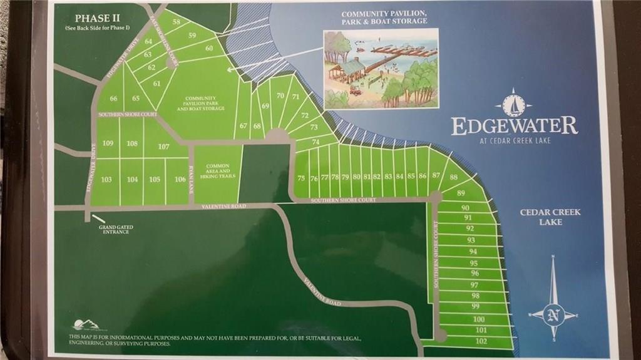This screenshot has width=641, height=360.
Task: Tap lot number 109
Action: click(108, 143)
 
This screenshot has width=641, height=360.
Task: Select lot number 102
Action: click(481, 341)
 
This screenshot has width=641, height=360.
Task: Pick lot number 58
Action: click(177, 22)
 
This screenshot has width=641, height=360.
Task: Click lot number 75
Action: click(301, 178)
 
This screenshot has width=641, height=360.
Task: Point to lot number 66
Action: click(113, 98)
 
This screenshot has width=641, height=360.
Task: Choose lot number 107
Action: click(164, 147)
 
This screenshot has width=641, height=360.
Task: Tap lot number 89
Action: click(461, 193)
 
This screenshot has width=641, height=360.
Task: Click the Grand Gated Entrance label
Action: click(116, 230)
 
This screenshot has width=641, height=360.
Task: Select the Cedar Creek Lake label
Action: click(541, 217)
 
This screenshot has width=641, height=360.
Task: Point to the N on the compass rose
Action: click(553, 316)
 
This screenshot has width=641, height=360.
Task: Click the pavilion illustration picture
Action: click(380, 69)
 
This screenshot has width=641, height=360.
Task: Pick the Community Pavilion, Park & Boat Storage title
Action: click(384, 17)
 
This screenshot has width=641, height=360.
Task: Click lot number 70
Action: click(280, 96)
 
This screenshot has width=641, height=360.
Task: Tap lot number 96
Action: click(474, 274)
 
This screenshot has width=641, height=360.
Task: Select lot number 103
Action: click(106, 180)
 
